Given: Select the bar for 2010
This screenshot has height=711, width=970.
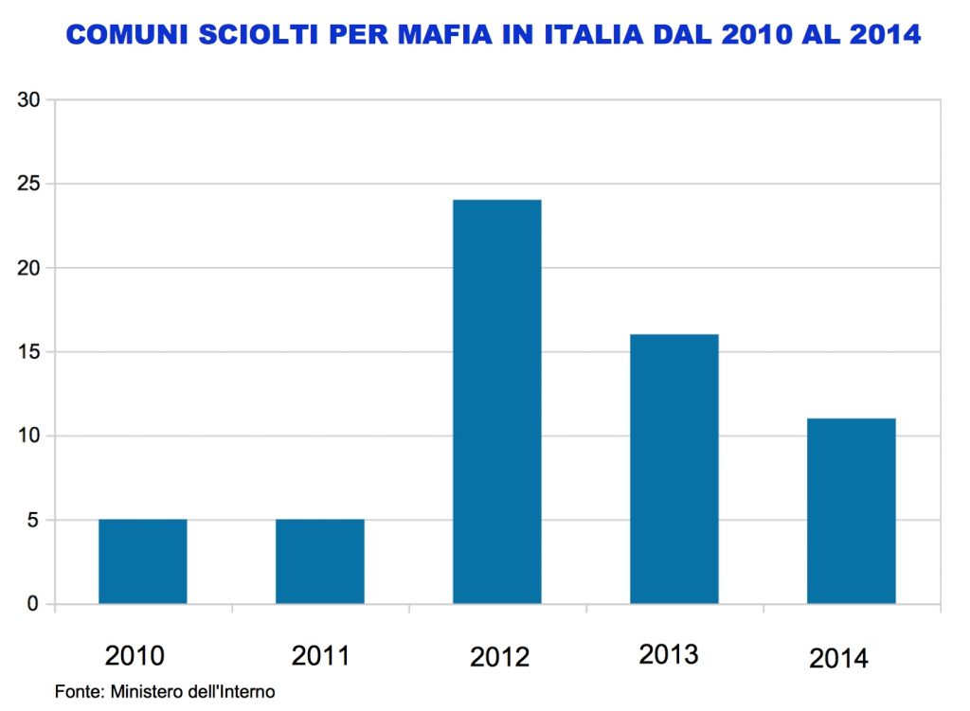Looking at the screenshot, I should coord(142,561).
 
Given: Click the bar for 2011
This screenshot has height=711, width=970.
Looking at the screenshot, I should coord(319,561).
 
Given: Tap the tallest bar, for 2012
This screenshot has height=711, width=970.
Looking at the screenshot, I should coord(496,401).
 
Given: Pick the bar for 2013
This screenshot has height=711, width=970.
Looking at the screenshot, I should coord(674,469).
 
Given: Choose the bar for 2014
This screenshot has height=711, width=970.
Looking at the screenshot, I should coord(851,511).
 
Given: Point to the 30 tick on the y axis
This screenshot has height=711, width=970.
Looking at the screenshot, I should coord(29,99).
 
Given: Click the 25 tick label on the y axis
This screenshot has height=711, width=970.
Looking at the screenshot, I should coord(29,184).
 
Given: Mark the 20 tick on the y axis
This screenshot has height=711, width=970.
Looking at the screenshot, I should coord(29,268).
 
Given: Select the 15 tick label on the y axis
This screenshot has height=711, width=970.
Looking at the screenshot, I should coord(29,352).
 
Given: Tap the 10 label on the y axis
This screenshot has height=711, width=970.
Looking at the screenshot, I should coord(29,436).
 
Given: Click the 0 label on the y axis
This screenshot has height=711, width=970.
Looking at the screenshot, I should coord(34,605).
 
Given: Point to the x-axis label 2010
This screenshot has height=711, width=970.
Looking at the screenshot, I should coord(135,655).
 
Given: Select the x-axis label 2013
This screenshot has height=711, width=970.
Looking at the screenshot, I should coord(669,654).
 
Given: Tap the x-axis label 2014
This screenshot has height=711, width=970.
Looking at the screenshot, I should coord(838,658).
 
